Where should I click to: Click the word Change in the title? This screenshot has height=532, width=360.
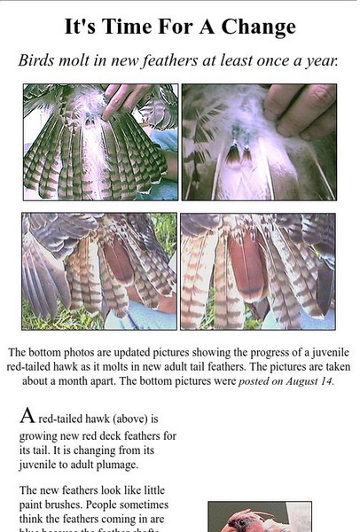259,27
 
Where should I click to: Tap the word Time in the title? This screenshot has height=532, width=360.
126,27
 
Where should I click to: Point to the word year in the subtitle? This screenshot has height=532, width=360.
320,62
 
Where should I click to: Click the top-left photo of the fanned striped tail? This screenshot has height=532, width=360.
100,142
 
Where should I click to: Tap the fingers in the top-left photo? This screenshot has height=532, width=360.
126,99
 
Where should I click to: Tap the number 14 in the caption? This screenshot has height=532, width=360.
326,381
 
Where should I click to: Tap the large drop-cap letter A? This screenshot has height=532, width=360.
27,415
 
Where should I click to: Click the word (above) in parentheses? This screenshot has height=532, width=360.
130,419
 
